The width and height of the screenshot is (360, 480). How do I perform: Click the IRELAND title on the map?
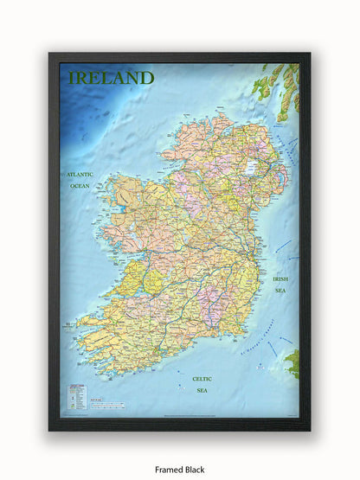[111, 79]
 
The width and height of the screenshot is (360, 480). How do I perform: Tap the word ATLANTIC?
[80, 174]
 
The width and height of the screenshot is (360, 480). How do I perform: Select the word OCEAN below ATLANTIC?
[80, 186]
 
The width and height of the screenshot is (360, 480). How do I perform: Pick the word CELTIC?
[202, 379]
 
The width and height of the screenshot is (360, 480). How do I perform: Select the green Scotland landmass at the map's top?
[277, 86]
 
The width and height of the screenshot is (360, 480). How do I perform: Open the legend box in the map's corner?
[75, 398]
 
